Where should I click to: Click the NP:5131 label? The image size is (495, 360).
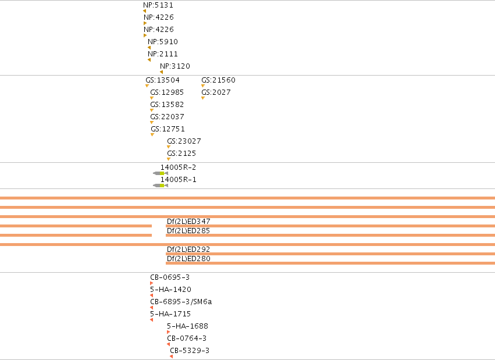click(158, 5)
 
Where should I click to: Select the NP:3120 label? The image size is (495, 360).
click(175, 66)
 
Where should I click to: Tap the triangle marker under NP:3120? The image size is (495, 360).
click(161, 72)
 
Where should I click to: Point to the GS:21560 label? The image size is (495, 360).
click(219, 80)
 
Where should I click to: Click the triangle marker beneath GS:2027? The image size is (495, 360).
click(203, 98)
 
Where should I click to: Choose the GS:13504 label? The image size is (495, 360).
click(163, 80)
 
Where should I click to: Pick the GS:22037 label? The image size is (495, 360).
click(167, 117)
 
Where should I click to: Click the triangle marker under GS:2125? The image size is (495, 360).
click(169, 159)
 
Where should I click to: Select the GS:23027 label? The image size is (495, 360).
click(184, 141)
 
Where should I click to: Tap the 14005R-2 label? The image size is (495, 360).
click(179, 167)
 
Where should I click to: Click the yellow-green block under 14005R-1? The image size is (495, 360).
click(162, 186)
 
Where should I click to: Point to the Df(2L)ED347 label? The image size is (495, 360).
click(188, 222)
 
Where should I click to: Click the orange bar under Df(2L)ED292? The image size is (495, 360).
click(330, 254)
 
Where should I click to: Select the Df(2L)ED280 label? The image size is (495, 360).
click(188, 259)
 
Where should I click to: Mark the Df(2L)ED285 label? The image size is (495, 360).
click(188, 231)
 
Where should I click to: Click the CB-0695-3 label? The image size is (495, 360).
click(170, 277)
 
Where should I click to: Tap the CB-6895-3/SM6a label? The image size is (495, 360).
click(181, 302)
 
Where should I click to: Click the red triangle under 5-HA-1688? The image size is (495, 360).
click(168, 332)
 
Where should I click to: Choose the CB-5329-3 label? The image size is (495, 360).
click(190, 351)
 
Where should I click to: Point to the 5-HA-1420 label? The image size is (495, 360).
click(170, 290)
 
